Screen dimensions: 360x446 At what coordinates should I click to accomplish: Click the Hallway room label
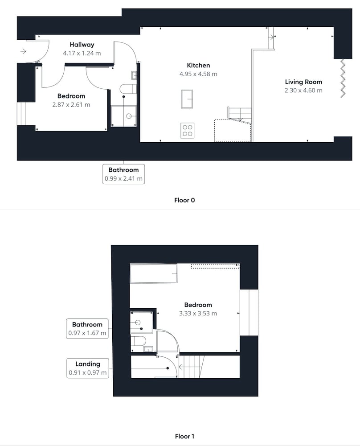click(x=82, y=45)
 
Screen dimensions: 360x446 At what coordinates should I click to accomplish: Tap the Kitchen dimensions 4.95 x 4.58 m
click(x=198, y=74)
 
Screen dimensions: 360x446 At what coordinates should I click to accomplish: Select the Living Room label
click(x=303, y=82)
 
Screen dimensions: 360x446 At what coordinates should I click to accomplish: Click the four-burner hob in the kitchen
click(x=188, y=131)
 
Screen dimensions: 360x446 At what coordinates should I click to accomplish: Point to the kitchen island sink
click(x=187, y=99)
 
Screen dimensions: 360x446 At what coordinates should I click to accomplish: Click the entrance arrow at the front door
click(x=23, y=51)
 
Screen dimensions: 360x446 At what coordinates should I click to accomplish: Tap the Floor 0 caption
click(x=184, y=200)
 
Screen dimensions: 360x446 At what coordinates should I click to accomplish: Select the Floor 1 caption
click(x=184, y=436)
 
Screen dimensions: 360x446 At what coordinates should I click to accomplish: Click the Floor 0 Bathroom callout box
click(x=123, y=174)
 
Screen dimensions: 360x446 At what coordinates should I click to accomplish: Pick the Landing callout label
click(x=88, y=364)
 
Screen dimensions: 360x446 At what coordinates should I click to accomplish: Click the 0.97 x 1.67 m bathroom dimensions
click(x=87, y=333)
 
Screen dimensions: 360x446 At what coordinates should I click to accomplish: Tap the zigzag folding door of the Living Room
click(x=343, y=78)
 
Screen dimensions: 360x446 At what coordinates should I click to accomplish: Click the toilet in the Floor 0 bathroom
click(x=128, y=89)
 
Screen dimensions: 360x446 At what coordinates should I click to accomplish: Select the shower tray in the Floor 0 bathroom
click(x=123, y=116)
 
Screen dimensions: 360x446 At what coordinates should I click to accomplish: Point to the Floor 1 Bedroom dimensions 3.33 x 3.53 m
click(x=198, y=314)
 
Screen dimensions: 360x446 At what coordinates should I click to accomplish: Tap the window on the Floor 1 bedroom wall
click(x=249, y=313)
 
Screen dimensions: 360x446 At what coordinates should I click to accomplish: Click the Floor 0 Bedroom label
click(x=71, y=96)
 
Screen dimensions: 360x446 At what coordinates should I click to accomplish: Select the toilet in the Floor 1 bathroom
click(x=139, y=340)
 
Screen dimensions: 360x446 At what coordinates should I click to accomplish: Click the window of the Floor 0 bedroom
click(x=21, y=113)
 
